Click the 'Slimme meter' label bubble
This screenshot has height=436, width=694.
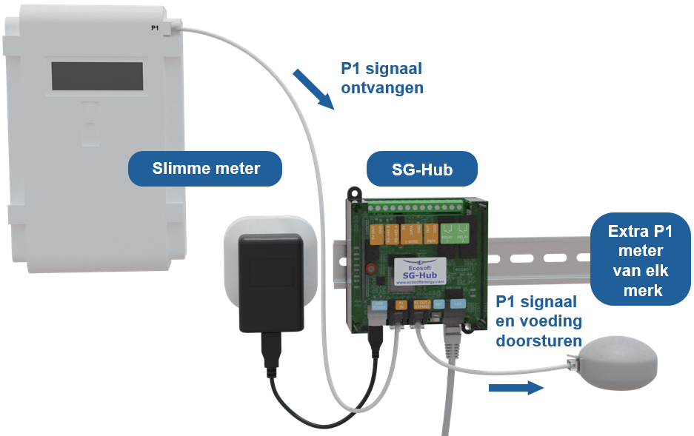pos(206,169)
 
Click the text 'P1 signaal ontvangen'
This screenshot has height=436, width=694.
pos(381,78)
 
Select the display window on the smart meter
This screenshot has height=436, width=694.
pos(97,76)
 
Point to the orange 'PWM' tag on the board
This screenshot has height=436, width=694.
pos(431,235)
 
